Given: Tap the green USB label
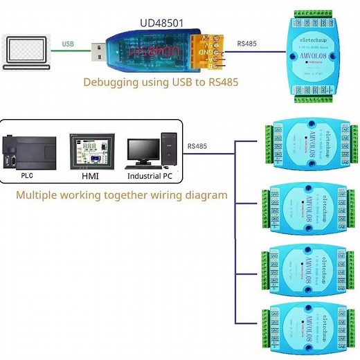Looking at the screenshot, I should coord(68,44).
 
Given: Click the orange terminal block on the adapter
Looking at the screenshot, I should coord(207,51).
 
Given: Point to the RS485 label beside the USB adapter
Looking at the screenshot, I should coord(246,44).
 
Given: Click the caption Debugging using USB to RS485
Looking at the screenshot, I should coord(161,82).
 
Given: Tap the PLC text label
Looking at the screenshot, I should coord(26,177).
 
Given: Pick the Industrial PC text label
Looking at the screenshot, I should coord(149,177).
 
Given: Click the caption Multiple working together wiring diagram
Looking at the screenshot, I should coord(121,195).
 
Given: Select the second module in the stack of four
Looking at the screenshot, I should coord(308,208).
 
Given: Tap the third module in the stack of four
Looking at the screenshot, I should coord(308,267).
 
